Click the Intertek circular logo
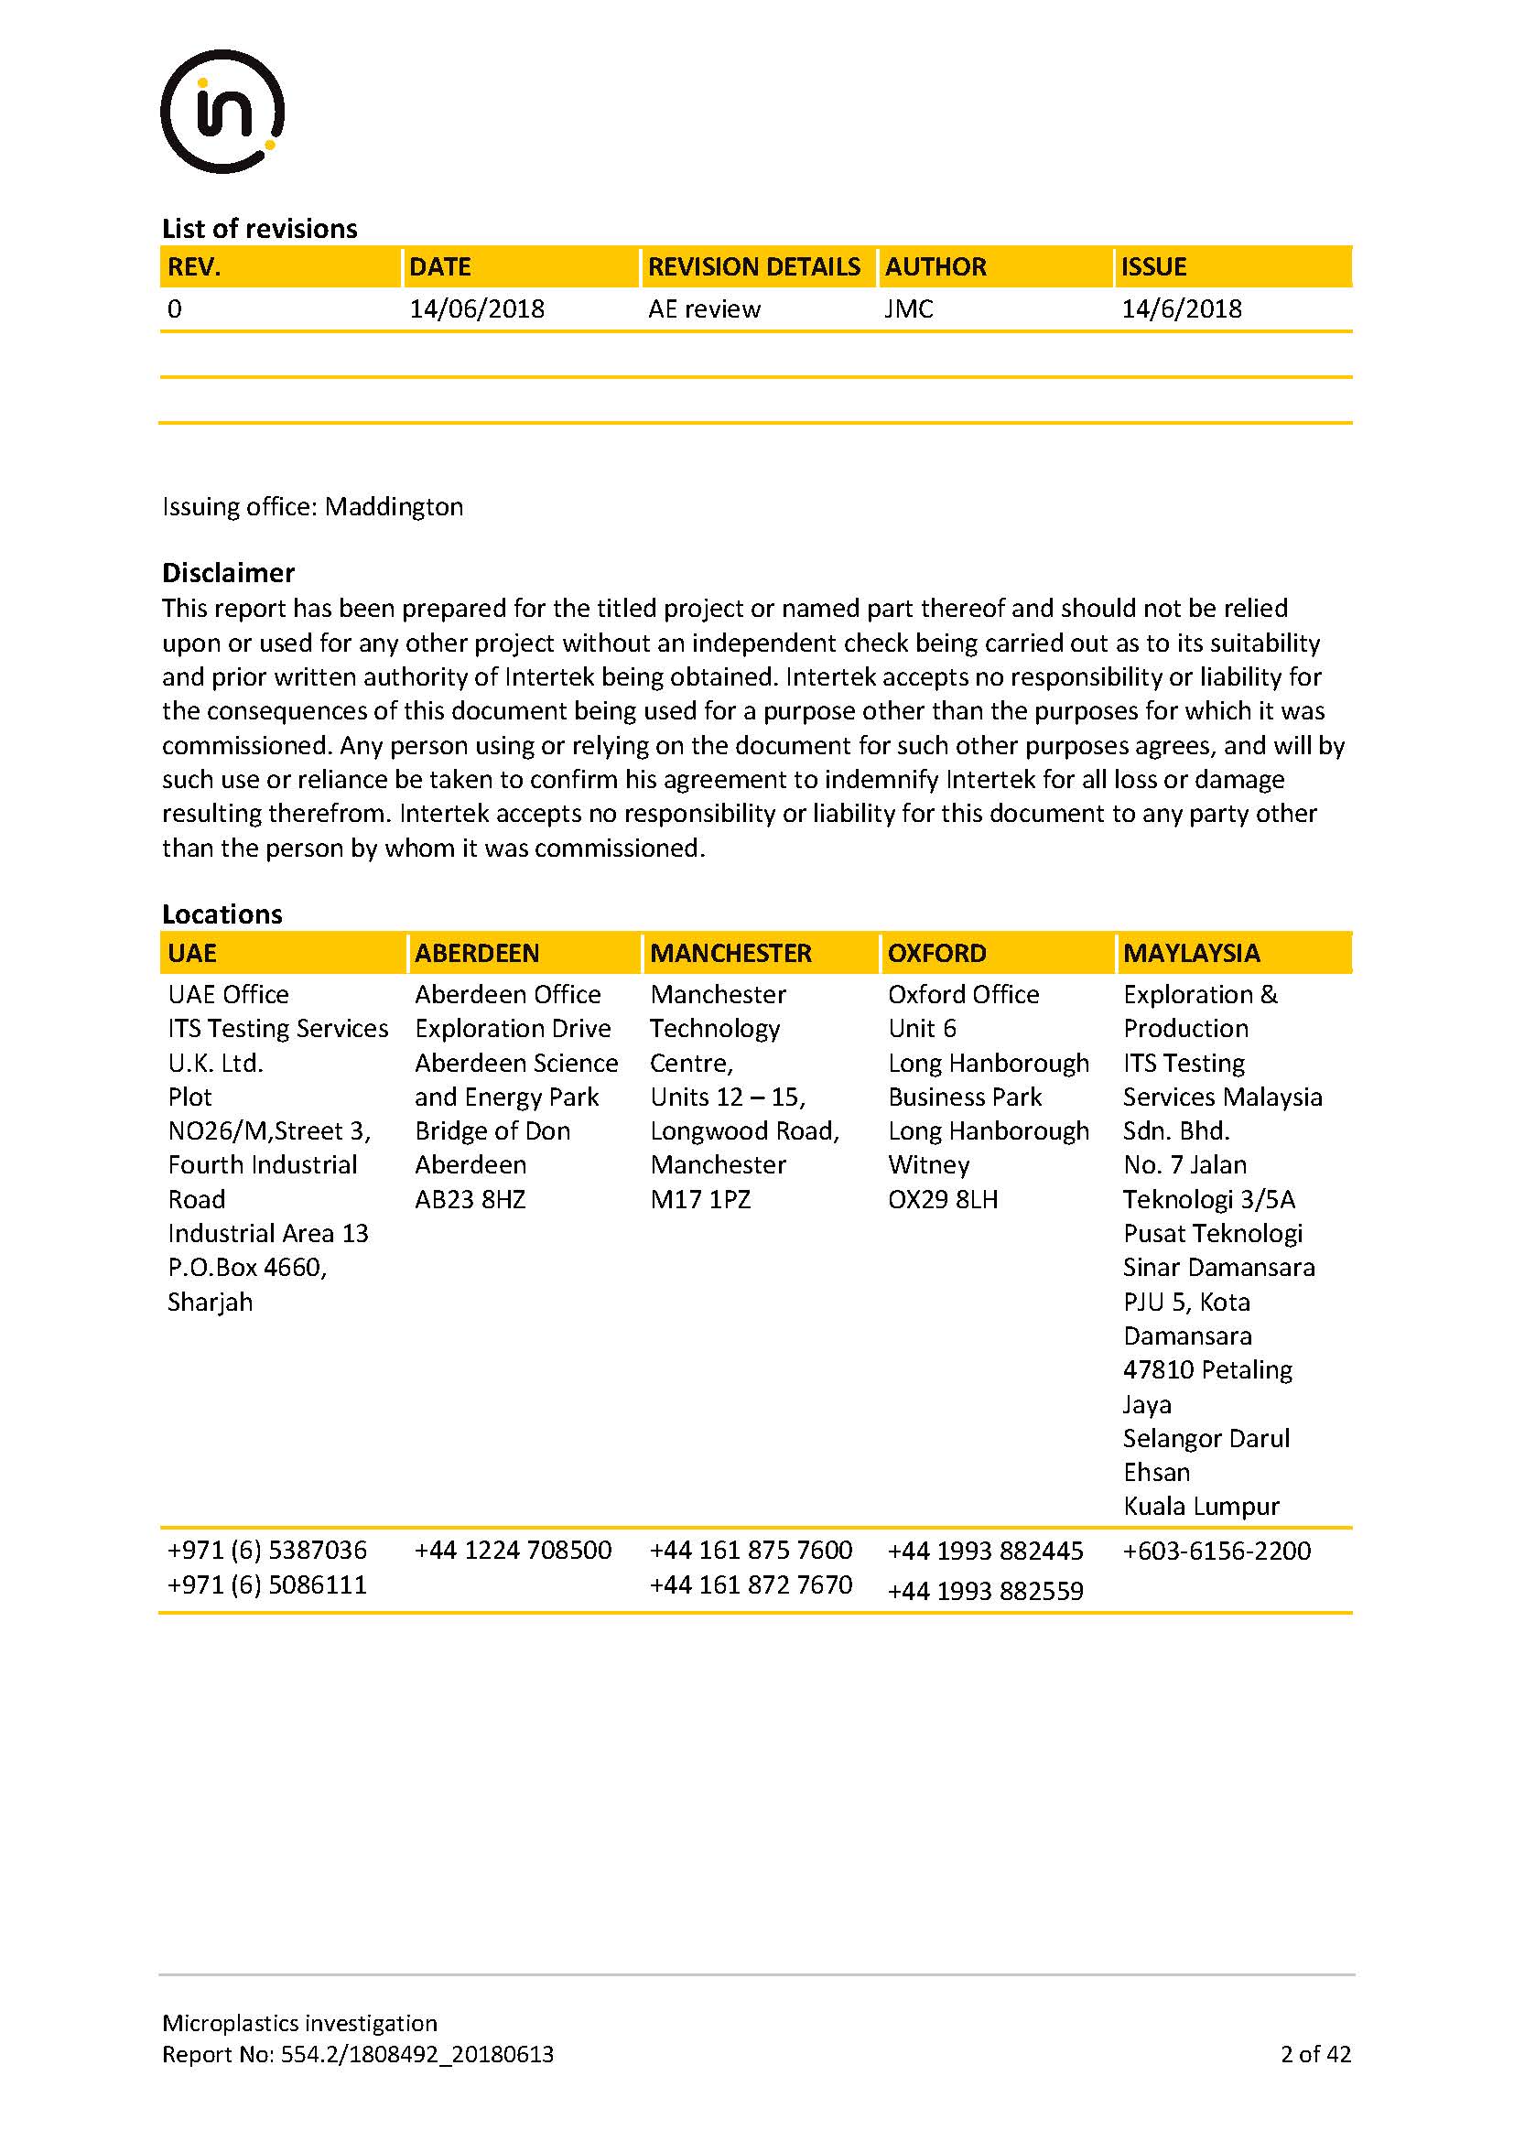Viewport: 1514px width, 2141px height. tap(222, 112)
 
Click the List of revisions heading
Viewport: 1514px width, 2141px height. tap(259, 229)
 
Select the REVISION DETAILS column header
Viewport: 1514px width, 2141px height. tap(753, 267)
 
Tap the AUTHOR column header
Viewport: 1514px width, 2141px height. tap(935, 267)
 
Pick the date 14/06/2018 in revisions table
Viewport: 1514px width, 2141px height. tap(476, 309)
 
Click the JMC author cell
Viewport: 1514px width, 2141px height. tap(909, 309)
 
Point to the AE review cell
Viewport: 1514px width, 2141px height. tap(704, 309)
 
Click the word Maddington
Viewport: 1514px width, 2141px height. tap(394, 507)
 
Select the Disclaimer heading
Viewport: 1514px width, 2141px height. tap(229, 572)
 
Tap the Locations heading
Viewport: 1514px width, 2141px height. tap(222, 914)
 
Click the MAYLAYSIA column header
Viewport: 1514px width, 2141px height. tap(1192, 953)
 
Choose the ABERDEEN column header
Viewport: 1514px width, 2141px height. tap(476, 953)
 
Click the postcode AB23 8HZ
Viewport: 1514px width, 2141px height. tap(470, 1199)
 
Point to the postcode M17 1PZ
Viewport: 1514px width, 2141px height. tap(700, 1199)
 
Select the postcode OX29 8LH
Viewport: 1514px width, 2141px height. tap(943, 1199)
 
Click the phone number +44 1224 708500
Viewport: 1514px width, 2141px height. tap(513, 1551)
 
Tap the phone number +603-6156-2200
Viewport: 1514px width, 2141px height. tap(1217, 1552)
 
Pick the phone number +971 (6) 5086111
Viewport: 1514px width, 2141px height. tap(266, 1585)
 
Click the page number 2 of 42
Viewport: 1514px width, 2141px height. tap(1315, 2054)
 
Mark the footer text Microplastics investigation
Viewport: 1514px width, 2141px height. tap(299, 2023)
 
